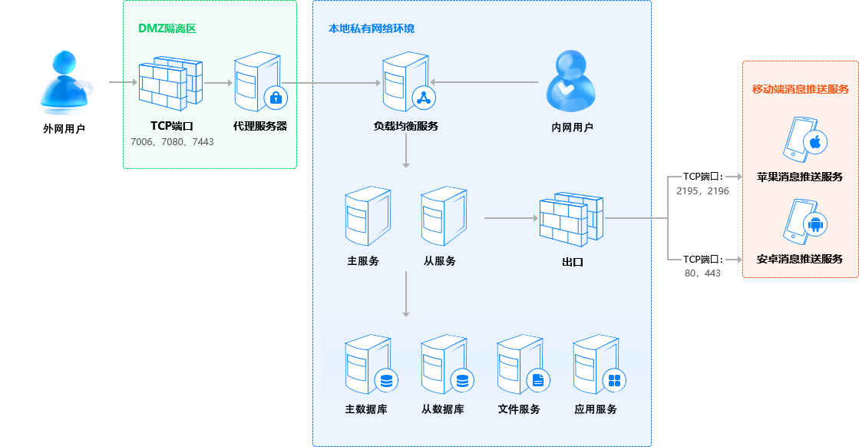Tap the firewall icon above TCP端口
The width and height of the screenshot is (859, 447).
(170, 84)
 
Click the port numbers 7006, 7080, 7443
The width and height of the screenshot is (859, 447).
(172, 142)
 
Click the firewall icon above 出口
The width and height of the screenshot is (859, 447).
(571, 218)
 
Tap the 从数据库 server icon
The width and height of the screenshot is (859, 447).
(443, 366)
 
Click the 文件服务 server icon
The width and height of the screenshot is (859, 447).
(519, 366)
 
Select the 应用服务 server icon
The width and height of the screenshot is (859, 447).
(595, 366)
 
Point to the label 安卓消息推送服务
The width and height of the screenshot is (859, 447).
(800, 260)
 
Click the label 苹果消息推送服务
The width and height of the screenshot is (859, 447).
(800, 177)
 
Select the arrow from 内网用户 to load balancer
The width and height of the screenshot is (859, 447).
(484, 82)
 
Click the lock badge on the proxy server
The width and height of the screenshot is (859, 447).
(275, 98)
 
